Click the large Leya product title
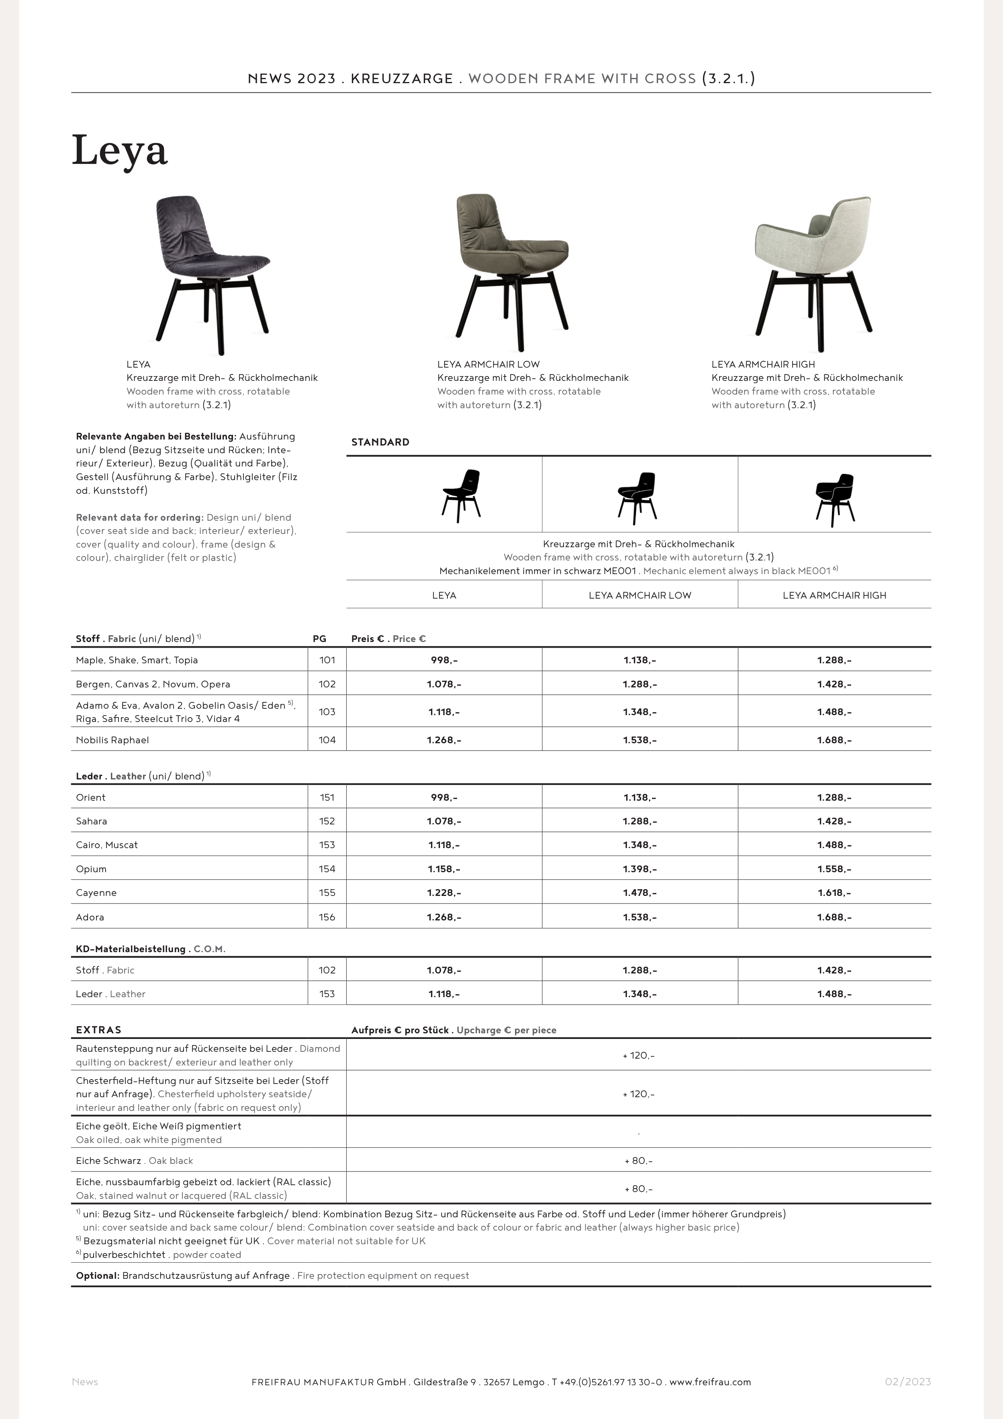[120, 150]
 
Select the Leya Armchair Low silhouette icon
[637, 495]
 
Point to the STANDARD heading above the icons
[380, 442]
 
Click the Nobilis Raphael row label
[112, 740]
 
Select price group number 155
[327, 892]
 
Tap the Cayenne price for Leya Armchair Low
[639, 892]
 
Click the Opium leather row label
[92, 869]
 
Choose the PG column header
[319, 638]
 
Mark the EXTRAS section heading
[99, 1030]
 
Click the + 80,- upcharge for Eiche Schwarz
[638, 1161]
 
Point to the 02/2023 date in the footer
[907, 1381]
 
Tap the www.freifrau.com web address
[710, 1382]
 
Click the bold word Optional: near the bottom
[98, 1276]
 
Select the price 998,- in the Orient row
[444, 797]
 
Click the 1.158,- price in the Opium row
[444, 869]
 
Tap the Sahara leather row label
[92, 821]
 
